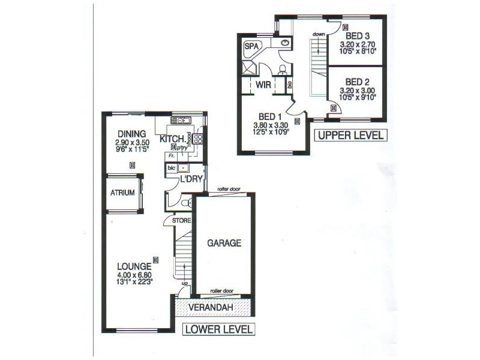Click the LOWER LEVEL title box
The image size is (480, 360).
pyautogui.click(x=218, y=329)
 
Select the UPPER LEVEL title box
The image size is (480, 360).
pyautogui.click(x=350, y=135)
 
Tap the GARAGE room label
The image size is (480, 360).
pyautogui.click(x=224, y=243)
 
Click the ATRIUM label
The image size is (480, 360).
pyautogui.click(x=122, y=193)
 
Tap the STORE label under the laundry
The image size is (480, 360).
pyautogui.click(x=182, y=221)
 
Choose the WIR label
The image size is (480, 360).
pyautogui.click(x=263, y=85)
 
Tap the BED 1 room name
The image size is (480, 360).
pyautogui.click(x=271, y=116)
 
